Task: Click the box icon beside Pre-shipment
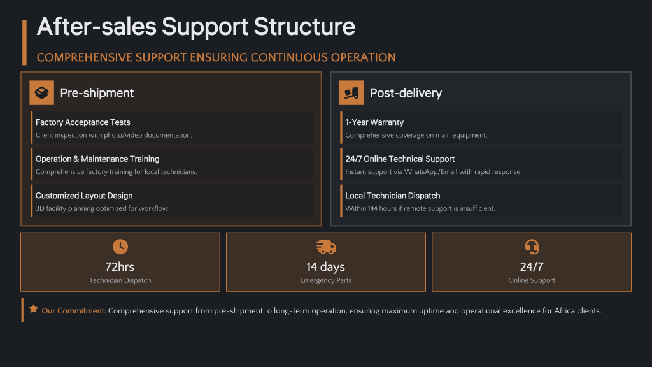(x=41, y=93)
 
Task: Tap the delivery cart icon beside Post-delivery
(x=351, y=93)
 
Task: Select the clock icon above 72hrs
(x=120, y=247)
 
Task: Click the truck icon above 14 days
(x=325, y=247)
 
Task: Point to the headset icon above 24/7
(x=532, y=247)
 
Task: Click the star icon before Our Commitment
(x=34, y=309)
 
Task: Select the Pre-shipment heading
(x=97, y=93)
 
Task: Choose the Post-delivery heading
(x=406, y=93)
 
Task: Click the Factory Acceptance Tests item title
(x=83, y=122)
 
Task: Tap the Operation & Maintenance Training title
(x=97, y=159)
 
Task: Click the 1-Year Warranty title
(x=374, y=122)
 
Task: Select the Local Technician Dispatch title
(x=392, y=196)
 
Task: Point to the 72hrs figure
(x=120, y=267)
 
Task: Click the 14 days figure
(x=325, y=267)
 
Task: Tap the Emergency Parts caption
(x=325, y=280)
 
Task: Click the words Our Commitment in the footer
(x=74, y=311)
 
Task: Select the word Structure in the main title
(x=305, y=27)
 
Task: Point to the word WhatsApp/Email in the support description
(x=427, y=172)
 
